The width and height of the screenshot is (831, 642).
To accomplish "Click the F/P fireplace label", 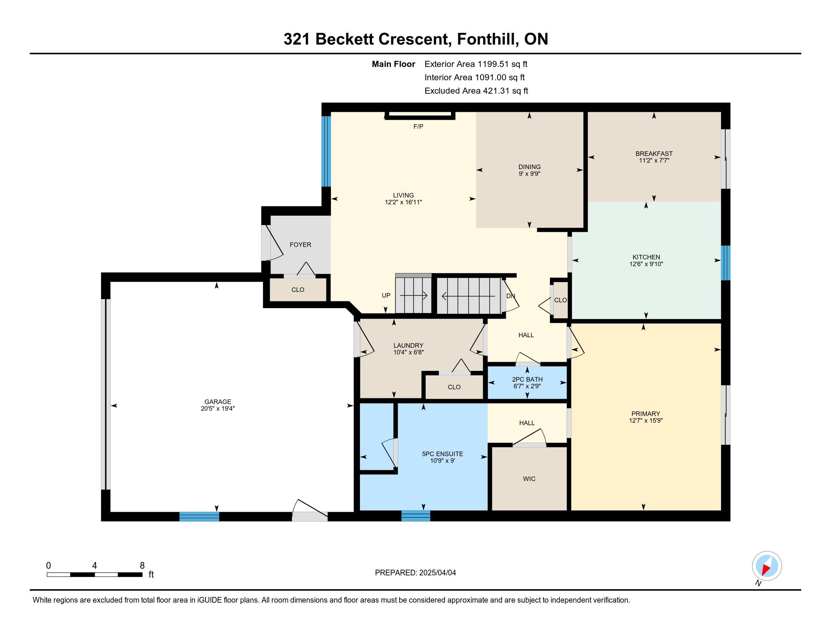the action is point(418,127).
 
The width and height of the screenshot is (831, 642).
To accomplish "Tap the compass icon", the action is point(767,566).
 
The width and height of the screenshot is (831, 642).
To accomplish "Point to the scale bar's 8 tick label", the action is point(142,566).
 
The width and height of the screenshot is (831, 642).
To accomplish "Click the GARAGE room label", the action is point(218,402).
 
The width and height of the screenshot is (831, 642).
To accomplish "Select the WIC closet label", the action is point(529,479).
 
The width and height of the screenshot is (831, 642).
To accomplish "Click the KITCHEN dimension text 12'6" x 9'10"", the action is point(646,264).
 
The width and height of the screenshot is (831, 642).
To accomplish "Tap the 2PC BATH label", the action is point(527,379).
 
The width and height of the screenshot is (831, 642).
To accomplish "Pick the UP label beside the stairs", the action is point(386,296).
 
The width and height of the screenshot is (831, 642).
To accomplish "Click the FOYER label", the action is point(300,245).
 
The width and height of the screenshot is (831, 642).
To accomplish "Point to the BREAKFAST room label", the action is point(654,154).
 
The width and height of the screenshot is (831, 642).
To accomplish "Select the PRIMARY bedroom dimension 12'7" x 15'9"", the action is point(646,421).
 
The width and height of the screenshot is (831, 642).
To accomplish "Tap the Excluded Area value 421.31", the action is point(496,91).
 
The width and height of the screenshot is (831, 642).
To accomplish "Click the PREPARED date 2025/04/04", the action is point(437,573).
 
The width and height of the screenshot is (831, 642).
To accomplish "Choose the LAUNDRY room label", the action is point(408,345).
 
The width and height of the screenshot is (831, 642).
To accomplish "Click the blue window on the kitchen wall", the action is point(726,263).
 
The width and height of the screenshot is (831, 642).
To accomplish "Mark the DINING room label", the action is point(529,167).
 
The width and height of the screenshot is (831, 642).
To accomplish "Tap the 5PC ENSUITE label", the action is point(443,454).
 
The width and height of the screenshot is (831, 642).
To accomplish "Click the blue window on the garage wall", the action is point(199,517).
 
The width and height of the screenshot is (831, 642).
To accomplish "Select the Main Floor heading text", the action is point(394,64).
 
